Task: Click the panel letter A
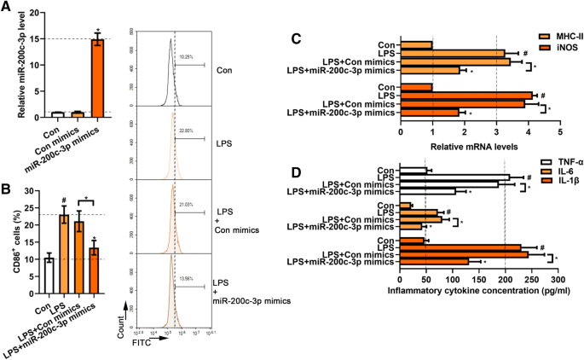pos(8,9)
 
